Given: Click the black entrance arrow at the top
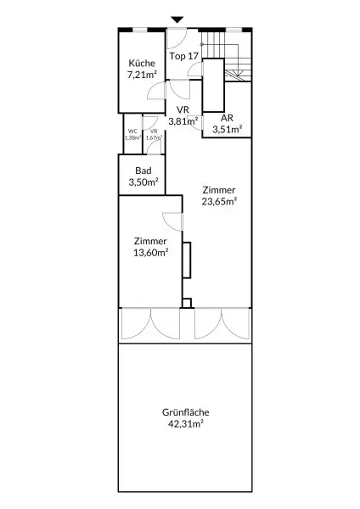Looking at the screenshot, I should click(x=177, y=20).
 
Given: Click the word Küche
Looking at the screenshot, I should click(x=142, y=64).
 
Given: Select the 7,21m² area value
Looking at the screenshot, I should click(x=142, y=75).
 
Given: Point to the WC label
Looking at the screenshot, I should click(x=132, y=131).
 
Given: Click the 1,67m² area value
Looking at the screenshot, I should click(x=154, y=137).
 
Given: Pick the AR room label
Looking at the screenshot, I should click(x=227, y=118).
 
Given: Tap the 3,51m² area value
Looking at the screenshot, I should click(x=227, y=129).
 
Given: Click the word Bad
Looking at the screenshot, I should click(x=143, y=171).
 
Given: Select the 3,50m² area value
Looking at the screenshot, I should click(x=143, y=182).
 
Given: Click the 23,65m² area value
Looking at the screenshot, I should click(x=218, y=202).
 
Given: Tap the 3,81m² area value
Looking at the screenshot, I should click(x=183, y=121).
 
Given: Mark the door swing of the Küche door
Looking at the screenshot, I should click(x=154, y=92).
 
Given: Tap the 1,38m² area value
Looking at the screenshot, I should click(x=132, y=137).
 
